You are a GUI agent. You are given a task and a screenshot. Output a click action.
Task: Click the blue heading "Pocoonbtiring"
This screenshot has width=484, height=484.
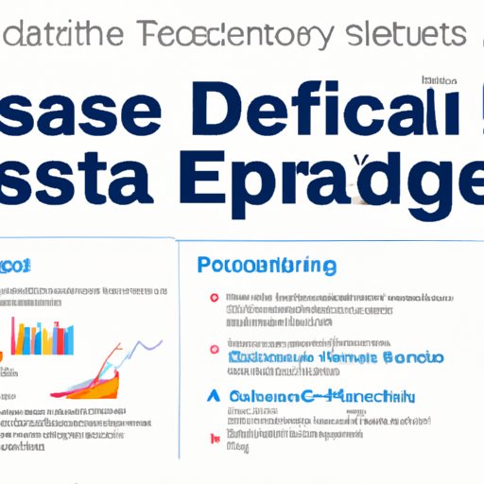[x=268, y=267]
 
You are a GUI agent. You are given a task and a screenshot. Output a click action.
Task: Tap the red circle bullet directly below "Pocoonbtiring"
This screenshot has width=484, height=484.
[x=215, y=298]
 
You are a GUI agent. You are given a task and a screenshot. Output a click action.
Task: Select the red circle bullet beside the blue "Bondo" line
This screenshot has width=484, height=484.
[x=215, y=357]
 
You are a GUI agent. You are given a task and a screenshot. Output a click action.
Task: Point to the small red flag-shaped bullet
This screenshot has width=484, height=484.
[x=216, y=439]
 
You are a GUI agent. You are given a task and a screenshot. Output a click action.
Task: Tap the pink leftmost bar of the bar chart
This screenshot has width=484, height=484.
[x=13, y=334]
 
